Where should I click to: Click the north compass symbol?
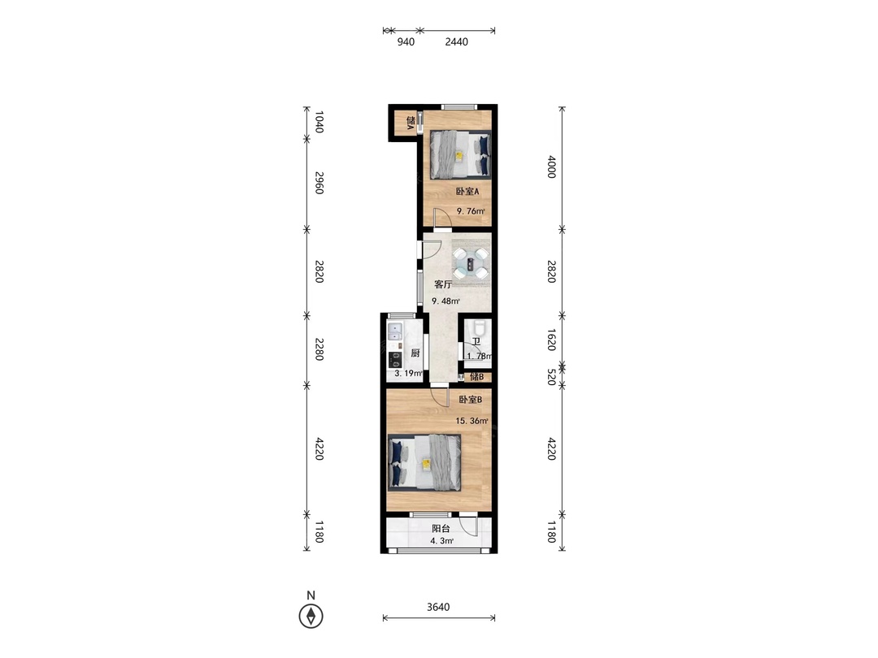coord(311,616)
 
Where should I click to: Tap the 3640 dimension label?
coord(438,607)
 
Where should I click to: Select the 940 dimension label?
coord(406,42)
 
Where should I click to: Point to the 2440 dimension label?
coord(456,42)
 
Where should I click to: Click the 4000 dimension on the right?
coord(551,167)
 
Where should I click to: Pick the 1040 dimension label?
coord(319,122)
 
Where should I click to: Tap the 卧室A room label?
coord(467,192)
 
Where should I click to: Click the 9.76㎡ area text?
coord(471,211)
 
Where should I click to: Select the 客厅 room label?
coord(443,284)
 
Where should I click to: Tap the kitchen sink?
coord(395,332)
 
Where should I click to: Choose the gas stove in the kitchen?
coord(395,359)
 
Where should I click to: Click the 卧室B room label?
coord(471,400)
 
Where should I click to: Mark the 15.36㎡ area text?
coord(472,421)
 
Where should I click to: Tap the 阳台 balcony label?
coord(441,529)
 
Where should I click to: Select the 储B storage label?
coord(476,377)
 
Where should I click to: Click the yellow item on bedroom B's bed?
coord(426,464)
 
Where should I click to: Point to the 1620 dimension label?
coord(551,340)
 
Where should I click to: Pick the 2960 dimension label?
coord(319,183)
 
